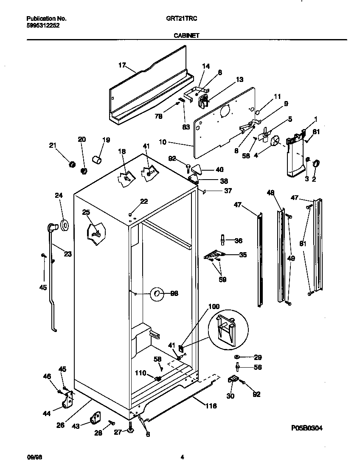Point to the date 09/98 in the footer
click(33, 457)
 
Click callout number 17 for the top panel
click(122, 65)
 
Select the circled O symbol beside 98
click(157, 293)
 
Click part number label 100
click(214, 306)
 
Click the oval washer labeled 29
click(237, 357)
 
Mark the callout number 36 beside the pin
click(238, 241)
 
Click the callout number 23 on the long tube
click(67, 254)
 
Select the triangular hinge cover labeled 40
click(196, 169)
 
